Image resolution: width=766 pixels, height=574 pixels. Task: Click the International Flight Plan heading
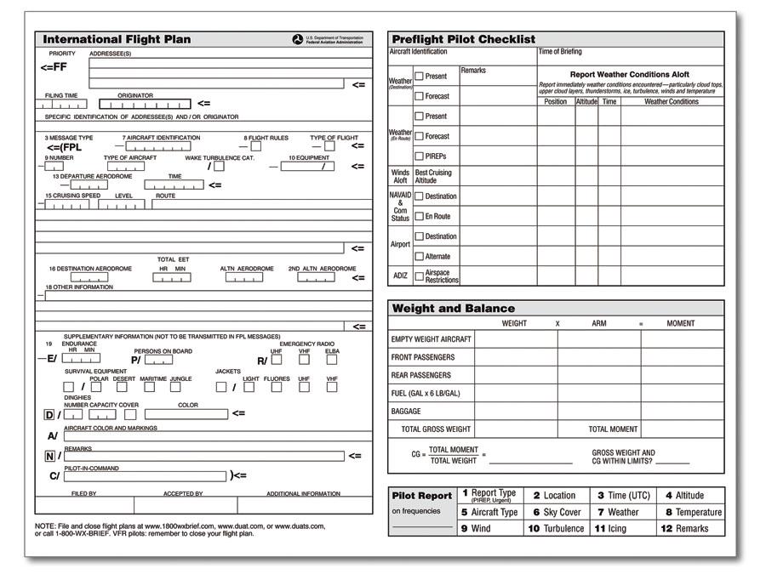(x=117, y=39)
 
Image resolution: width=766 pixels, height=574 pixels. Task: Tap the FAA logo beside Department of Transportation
(x=297, y=39)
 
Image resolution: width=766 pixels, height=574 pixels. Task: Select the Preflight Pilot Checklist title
(x=463, y=39)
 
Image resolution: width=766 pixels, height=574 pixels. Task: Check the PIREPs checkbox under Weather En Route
(x=419, y=156)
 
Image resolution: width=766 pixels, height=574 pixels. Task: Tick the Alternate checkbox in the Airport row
(x=419, y=256)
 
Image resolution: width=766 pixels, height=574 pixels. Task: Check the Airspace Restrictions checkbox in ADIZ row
(x=419, y=276)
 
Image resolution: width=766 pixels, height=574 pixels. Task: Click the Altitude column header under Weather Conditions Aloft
(x=586, y=101)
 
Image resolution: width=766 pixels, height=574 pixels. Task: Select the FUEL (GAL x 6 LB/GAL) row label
(x=426, y=393)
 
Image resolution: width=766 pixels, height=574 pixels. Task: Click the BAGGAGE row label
(x=406, y=412)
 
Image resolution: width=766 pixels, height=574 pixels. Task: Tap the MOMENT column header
(x=680, y=323)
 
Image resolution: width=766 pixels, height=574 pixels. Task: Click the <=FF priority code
(x=53, y=66)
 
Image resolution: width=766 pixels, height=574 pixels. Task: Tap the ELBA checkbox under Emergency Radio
(x=332, y=359)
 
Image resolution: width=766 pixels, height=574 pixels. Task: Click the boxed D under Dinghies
(x=49, y=415)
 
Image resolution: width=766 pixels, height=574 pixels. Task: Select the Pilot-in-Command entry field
(x=145, y=476)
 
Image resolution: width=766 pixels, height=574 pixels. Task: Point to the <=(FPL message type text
(x=64, y=147)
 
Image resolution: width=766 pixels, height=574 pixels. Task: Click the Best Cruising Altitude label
(x=433, y=176)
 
